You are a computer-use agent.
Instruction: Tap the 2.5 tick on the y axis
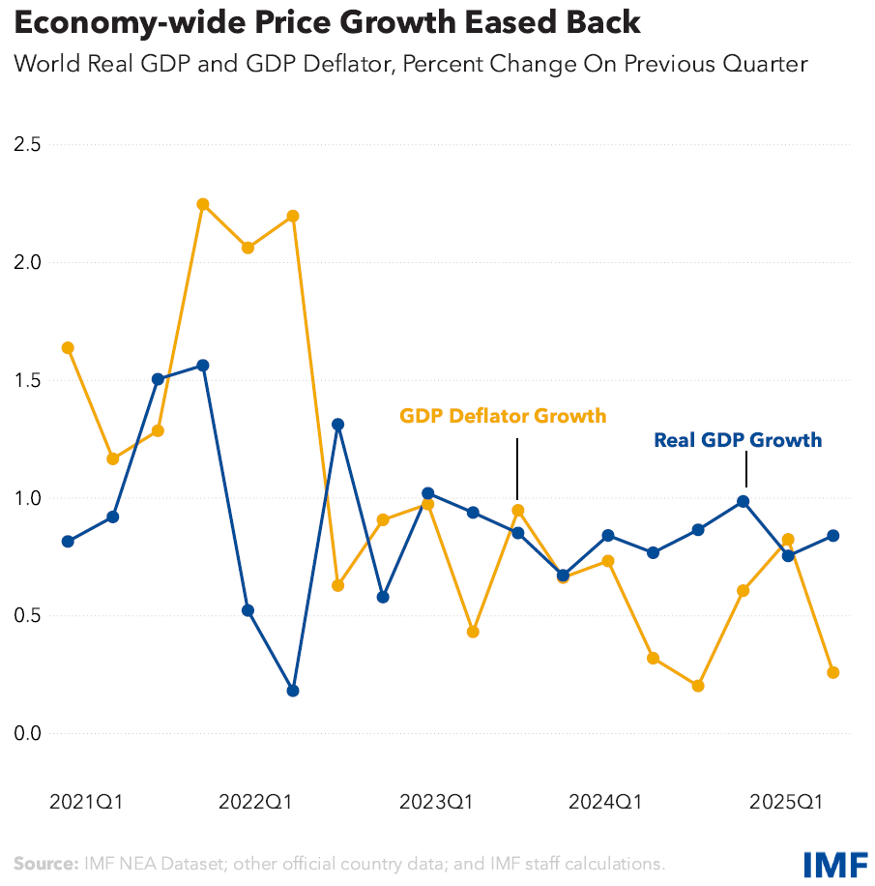(x=27, y=145)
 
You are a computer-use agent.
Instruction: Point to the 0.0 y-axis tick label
(x=27, y=733)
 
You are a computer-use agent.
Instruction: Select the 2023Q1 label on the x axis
(x=436, y=802)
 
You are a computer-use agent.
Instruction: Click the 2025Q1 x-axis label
(x=787, y=802)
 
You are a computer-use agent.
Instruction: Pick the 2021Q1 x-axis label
(x=86, y=802)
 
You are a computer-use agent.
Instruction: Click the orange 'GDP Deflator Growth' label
(x=503, y=416)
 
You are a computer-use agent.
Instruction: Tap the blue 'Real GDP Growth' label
(x=738, y=440)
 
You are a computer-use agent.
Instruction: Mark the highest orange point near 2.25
(x=203, y=204)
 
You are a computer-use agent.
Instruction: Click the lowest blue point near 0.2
(x=293, y=691)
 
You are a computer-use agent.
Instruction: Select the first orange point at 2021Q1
(x=68, y=348)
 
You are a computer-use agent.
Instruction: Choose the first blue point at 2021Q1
(x=68, y=542)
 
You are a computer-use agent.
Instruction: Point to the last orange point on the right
(x=833, y=672)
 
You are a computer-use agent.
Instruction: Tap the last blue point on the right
(x=833, y=536)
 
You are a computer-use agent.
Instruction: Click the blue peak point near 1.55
(x=203, y=366)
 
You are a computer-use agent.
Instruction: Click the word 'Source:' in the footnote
(x=45, y=863)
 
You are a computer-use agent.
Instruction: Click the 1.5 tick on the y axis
(x=27, y=380)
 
